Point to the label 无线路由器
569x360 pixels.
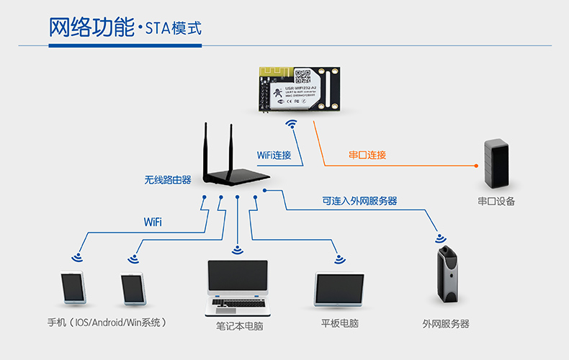[x=168, y=179]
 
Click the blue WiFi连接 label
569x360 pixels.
[x=274, y=155]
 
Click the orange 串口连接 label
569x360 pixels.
[x=367, y=155]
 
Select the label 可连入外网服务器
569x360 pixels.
[x=359, y=201]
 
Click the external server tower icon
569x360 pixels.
[x=447, y=277]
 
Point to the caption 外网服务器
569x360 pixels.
[x=446, y=324]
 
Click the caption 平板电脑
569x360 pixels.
[x=340, y=324]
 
